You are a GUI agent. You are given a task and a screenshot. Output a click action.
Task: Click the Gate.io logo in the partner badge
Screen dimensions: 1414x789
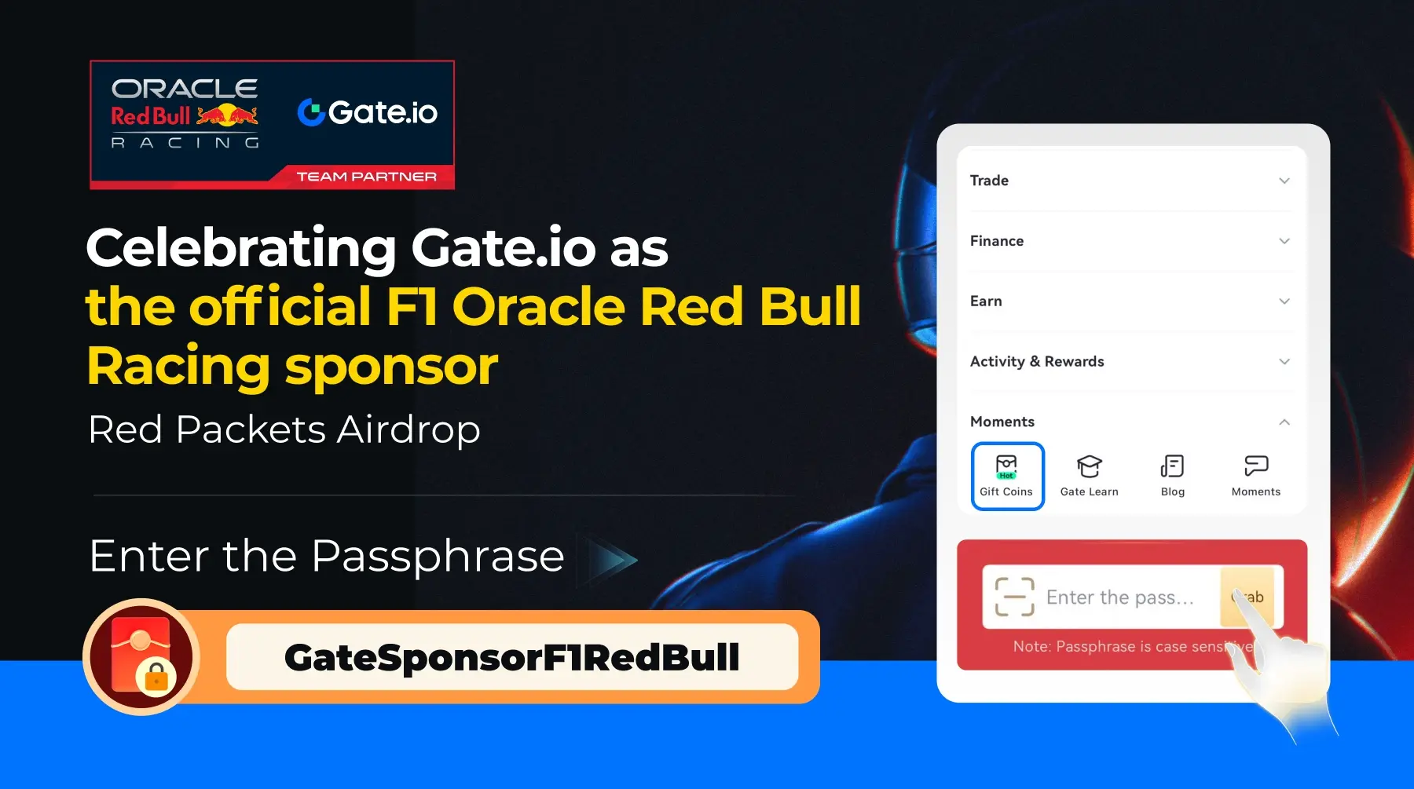coord(368,112)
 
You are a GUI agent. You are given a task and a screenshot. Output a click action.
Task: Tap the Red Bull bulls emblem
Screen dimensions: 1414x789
coord(227,115)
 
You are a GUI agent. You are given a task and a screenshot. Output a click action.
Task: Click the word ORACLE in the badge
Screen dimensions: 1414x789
coord(185,89)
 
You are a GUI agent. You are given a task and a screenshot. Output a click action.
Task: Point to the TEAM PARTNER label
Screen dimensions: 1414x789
coord(366,177)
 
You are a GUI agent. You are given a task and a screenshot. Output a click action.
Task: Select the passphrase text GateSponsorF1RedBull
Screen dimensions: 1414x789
coord(512,657)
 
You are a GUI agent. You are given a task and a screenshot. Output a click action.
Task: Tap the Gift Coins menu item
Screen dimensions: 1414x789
coord(1007,476)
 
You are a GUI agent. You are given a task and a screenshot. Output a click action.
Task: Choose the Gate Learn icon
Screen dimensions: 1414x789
coord(1089,466)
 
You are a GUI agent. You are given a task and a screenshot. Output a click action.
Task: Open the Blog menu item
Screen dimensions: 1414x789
coord(1172,476)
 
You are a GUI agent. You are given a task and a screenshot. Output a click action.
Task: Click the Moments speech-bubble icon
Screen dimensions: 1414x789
coord(1256,466)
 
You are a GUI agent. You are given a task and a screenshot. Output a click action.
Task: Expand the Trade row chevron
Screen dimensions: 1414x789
coord(1284,181)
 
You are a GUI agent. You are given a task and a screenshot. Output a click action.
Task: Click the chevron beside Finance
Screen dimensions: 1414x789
coord(1284,241)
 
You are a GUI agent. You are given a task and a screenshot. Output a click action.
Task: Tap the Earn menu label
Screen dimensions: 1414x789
coord(986,301)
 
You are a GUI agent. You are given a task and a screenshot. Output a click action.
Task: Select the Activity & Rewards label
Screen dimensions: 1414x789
coord(1037,362)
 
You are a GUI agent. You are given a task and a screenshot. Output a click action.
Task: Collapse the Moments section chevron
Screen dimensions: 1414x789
coord(1284,422)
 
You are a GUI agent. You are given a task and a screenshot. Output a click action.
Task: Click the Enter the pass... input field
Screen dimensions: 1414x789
coord(1119,597)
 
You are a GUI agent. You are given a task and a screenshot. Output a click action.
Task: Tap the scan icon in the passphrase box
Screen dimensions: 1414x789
coord(1014,597)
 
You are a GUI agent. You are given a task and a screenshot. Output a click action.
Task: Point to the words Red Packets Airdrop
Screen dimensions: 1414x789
coord(284,430)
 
